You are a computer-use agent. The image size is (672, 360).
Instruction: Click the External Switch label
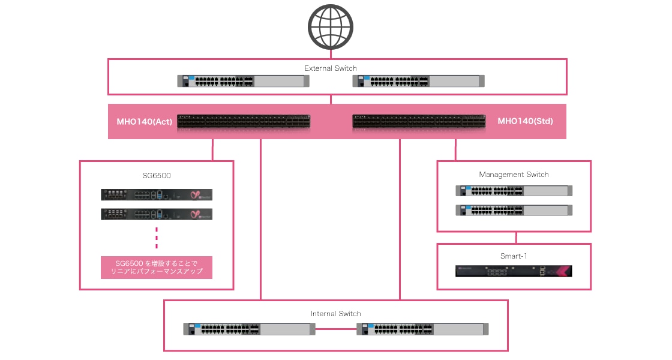pyautogui.click(x=331, y=68)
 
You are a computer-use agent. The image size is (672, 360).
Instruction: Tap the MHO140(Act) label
pyautogui.click(x=145, y=122)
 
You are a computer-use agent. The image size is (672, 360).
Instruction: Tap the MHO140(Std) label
pyautogui.click(x=525, y=122)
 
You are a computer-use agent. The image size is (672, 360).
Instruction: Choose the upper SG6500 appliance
pyautogui.click(x=157, y=194)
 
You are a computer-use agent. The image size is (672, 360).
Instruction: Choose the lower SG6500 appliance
pyautogui.click(x=157, y=214)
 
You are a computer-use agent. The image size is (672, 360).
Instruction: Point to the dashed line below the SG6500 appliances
pyautogui.click(x=157, y=237)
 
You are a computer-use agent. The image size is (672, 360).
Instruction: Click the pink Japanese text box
pyautogui.click(x=157, y=267)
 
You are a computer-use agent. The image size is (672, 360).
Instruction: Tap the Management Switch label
pyautogui.click(x=514, y=175)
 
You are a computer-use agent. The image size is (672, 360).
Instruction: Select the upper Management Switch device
pyautogui.click(x=514, y=191)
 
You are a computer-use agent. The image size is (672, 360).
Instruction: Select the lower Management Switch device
pyautogui.click(x=514, y=210)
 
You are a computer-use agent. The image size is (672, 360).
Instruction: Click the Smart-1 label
pyautogui.click(x=514, y=256)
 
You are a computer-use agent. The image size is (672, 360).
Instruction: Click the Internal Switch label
pyautogui.click(x=336, y=313)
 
